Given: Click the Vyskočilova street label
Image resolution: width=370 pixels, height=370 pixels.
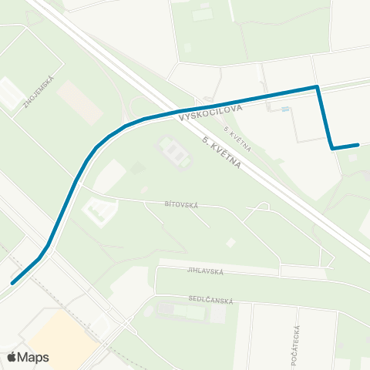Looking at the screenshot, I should tap(210, 113).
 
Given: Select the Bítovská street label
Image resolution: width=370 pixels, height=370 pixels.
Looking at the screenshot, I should tap(181, 205).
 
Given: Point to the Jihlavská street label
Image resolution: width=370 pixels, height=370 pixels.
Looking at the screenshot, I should tap(204, 271).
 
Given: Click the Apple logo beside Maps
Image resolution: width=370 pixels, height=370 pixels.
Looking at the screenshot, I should tap(12, 357).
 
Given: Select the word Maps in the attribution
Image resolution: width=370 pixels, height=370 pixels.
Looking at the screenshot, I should tap(33, 357).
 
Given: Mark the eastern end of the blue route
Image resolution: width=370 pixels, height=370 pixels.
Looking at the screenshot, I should tap(358, 144).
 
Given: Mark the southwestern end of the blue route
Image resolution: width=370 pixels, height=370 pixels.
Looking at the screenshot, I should tap(13, 282).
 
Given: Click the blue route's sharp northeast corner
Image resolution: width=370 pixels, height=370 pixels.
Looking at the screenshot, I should tap(317, 87).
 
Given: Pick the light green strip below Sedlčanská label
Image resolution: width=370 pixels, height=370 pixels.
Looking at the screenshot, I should tap(185, 311).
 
